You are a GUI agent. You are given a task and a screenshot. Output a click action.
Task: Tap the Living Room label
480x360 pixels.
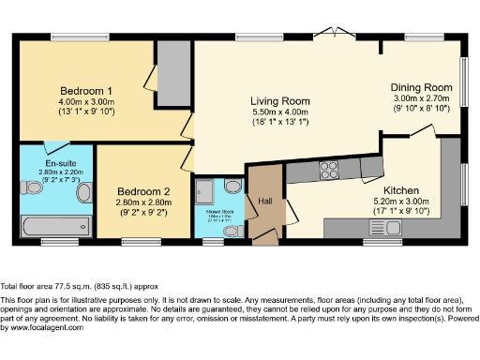pyautogui.click(x=280, y=100)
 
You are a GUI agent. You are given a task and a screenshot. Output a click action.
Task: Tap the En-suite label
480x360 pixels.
pyautogui.click(x=53, y=163)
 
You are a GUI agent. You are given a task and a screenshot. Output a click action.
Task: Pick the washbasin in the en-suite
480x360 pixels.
pyautogui.click(x=83, y=193)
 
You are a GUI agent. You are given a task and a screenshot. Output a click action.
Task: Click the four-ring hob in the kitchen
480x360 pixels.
pyautogui.click(x=330, y=170)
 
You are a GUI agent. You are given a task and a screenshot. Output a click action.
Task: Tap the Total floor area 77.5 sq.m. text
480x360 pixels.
pyautogui.click(x=80, y=285)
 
